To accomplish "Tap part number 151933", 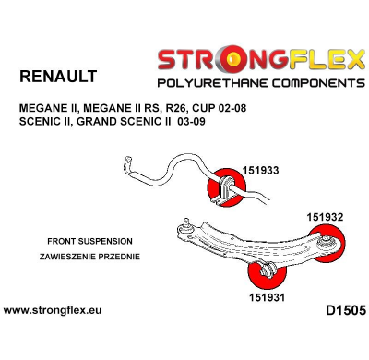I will [x=264, y=171].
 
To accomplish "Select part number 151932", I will [x=325, y=217].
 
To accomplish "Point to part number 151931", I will [x=267, y=297].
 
